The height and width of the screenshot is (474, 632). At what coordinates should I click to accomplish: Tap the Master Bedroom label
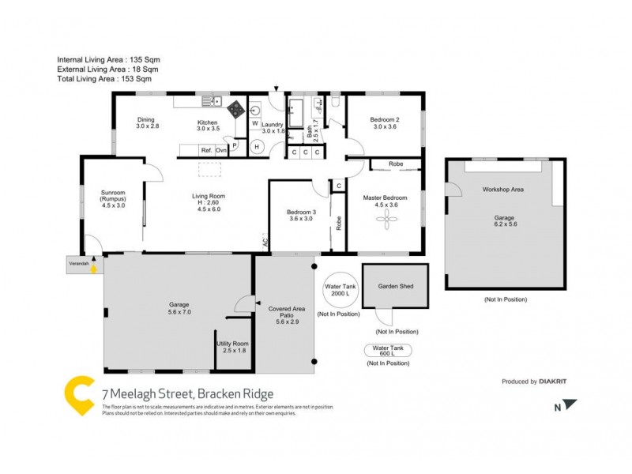point(385,201)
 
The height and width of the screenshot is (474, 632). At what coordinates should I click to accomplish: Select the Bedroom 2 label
point(385,123)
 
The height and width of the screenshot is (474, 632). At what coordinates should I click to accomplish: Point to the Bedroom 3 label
point(301,215)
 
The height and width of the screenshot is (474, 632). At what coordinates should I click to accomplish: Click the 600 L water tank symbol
point(387,351)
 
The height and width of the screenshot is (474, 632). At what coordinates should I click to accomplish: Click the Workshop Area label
point(503,190)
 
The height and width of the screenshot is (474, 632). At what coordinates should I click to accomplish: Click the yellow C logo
point(79,394)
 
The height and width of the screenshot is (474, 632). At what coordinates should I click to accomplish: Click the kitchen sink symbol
point(212,100)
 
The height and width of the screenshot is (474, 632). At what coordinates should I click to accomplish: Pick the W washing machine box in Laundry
point(255,124)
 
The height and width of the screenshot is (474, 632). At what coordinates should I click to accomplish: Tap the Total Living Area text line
point(104,78)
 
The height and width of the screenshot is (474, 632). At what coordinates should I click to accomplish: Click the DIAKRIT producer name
point(555,382)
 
